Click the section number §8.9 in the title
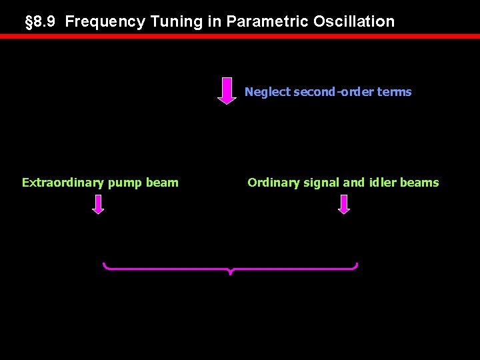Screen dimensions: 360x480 [42, 21]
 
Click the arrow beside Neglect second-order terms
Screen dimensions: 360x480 [227, 91]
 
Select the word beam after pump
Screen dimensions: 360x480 [164, 183]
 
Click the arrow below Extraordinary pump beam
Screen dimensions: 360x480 [98, 204]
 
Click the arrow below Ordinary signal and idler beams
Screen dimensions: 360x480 [344, 204]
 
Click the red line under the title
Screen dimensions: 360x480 [240, 37]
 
